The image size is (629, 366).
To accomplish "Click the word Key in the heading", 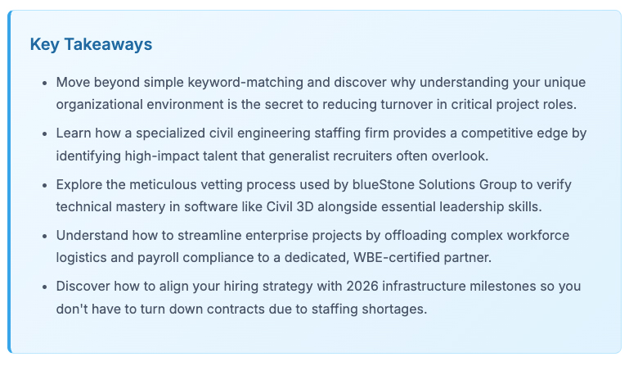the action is pyautogui.click(x=44, y=44).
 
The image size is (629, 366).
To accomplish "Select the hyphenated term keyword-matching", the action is pyautogui.click(x=245, y=83).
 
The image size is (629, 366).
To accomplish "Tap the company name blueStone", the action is pyautogui.click(x=384, y=185).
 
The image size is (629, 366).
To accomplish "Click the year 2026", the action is pyautogui.click(x=362, y=287).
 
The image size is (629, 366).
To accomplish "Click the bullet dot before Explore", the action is pyautogui.click(x=44, y=186).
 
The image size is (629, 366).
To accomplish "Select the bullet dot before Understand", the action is pyautogui.click(x=44, y=237).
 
